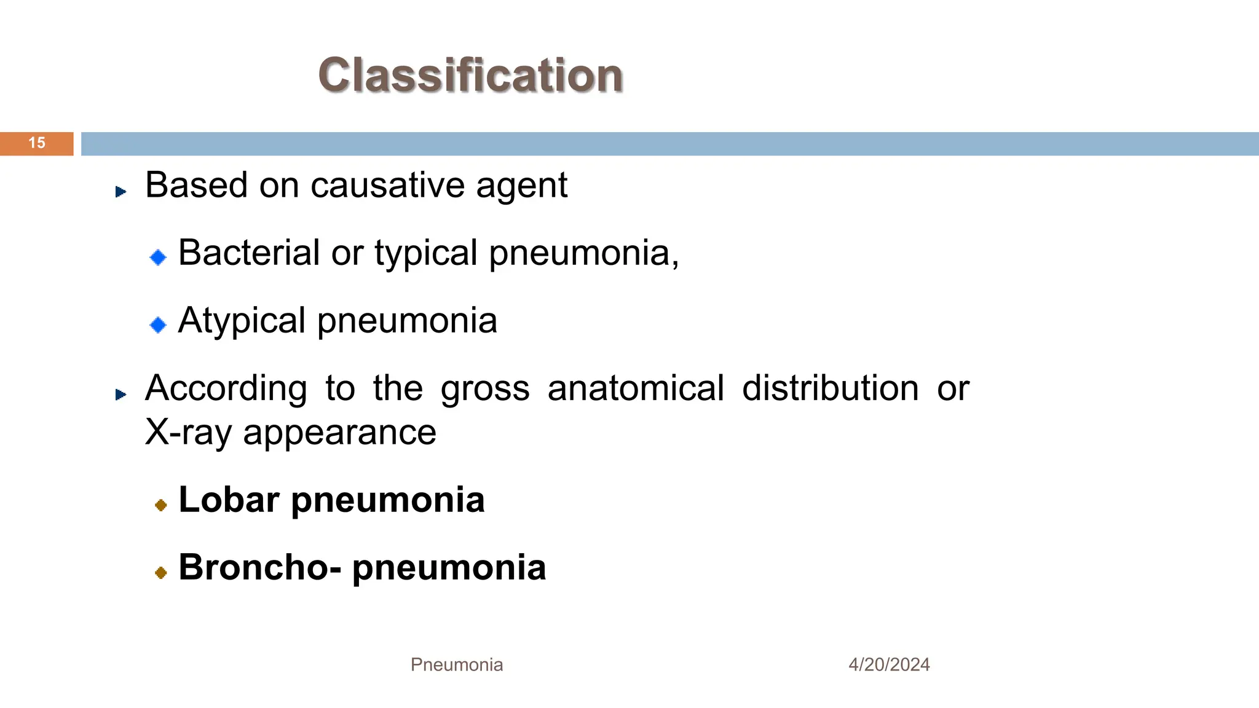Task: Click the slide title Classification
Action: [x=470, y=75]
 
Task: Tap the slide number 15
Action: [x=37, y=143]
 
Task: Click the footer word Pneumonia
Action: [x=457, y=664]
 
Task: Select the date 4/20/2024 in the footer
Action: [x=889, y=664]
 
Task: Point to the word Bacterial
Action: [x=249, y=253]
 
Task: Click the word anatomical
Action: [x=636, y=388]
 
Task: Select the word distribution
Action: [x=830, y=388]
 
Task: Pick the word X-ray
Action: [x=189, y=432]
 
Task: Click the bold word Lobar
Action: [x=229, y=500]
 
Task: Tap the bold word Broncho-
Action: [x=259, y=567]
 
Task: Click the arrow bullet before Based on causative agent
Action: [x=120, y=192]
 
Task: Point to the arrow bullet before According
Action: [x=120, y=395]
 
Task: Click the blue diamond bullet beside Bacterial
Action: [x=158, y=257]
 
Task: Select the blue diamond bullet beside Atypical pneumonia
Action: [x=158, y=324]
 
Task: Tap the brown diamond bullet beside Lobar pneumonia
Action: [x=161, y=505]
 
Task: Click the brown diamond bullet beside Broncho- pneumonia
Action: [x=161, y=573]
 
